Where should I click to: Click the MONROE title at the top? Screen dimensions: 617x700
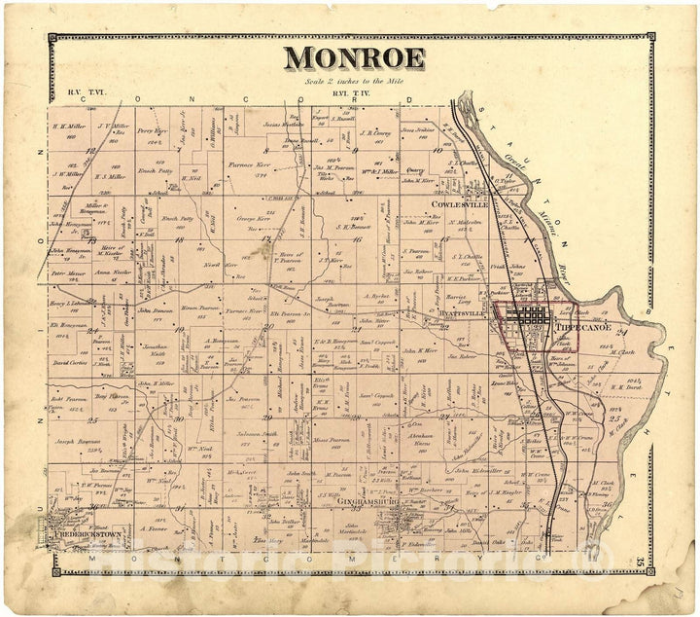click(354, 59)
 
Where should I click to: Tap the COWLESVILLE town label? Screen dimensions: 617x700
click(460, 204)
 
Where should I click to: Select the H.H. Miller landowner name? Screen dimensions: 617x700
click(69, 126)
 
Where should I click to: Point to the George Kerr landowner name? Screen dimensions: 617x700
click(252, 221)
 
